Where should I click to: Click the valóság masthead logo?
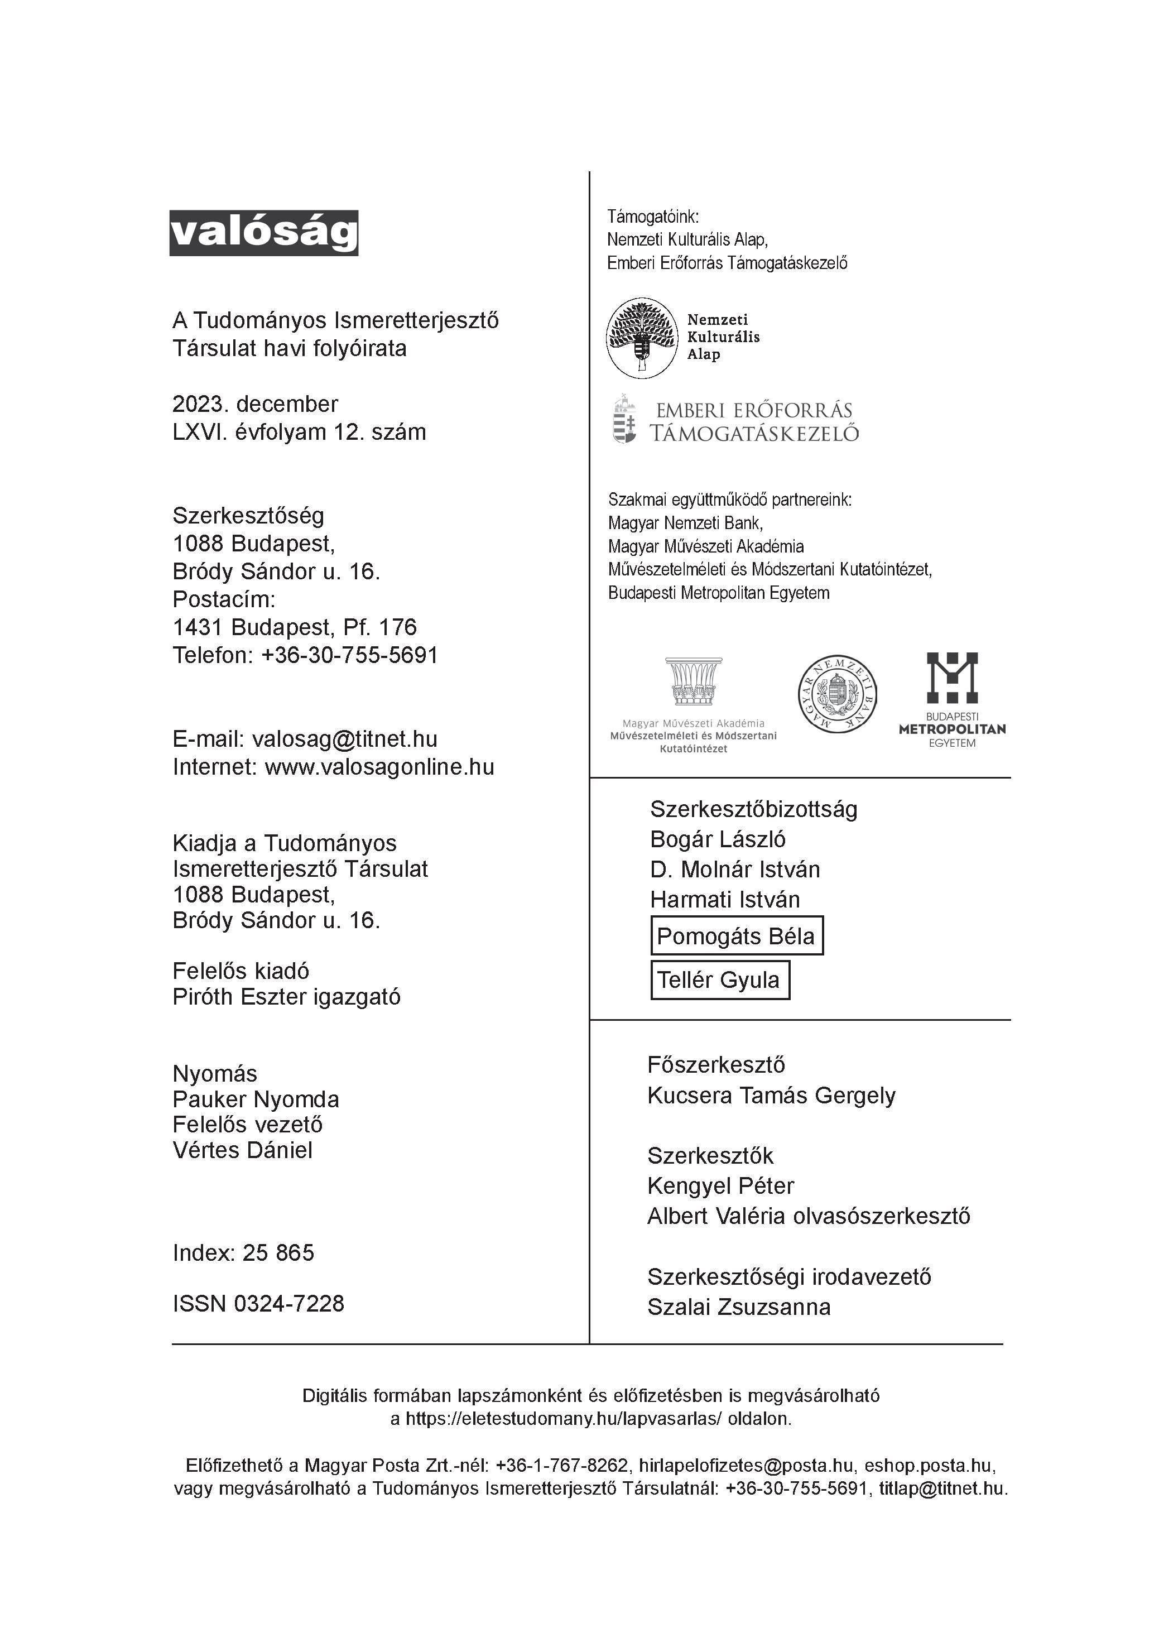click(x=263, y=232)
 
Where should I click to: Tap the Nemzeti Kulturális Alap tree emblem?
click(x=642, y=338)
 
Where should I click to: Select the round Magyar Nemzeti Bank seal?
click(x=837, y=694)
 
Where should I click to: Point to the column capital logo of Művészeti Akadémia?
click(x=693, y=681)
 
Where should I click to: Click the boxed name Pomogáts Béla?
click(x=737, y=935)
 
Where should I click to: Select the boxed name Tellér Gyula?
click(x=719, y=980)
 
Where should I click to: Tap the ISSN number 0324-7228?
click(x=289, y=1303)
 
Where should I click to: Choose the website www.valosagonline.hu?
click(x=379, y=767)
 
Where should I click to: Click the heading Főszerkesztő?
click(x=716, y=1064)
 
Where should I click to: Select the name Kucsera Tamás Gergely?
click(x=771, y=1096)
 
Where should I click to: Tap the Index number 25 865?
click(x=278, y=1252)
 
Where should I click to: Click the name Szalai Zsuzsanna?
click(x=739, y=1307)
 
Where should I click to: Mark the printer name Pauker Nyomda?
click(x=256, y=1099)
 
